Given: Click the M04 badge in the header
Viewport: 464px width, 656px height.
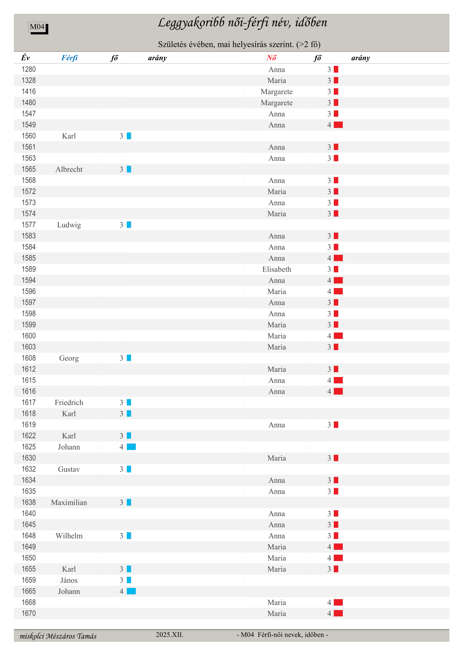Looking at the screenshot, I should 37,27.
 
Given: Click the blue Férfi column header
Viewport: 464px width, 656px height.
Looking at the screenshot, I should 70,58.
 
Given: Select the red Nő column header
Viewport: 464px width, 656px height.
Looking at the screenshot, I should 271,58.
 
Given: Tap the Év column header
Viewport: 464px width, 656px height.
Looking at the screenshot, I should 25,58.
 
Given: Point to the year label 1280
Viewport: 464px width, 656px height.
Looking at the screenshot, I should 29,69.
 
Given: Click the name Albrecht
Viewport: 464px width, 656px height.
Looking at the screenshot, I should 69,169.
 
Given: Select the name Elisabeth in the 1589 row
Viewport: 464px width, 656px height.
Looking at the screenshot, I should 277,269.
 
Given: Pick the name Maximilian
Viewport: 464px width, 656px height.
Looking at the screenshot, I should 69,503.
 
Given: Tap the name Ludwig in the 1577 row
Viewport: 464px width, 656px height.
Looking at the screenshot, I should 69,225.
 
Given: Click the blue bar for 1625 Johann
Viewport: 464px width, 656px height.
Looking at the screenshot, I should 131,447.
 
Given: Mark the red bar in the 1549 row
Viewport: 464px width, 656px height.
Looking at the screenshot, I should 338,125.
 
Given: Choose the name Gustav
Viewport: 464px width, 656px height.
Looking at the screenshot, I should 69,469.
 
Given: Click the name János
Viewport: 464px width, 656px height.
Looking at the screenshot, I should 69,580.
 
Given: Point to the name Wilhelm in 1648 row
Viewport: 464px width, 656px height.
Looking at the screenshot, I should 69,536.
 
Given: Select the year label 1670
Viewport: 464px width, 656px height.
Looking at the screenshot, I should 29,613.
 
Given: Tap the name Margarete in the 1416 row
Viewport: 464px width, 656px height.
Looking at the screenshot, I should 277,92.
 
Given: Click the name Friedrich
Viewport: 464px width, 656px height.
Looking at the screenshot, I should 69,402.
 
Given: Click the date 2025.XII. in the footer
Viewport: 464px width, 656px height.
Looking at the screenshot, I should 170,635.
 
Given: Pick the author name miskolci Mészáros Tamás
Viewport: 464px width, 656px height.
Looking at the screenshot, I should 58,636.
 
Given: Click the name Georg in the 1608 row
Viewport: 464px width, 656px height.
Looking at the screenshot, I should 69,358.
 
